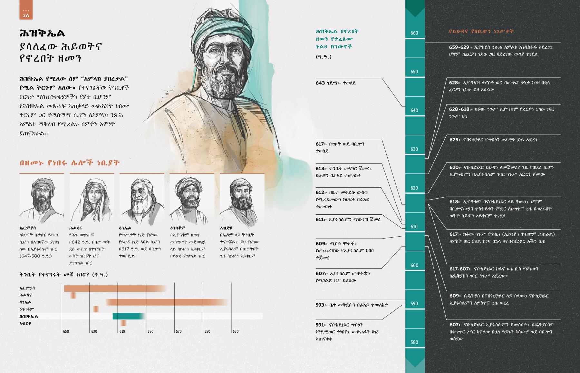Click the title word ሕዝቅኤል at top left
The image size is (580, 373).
click(42, 33)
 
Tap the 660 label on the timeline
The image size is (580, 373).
click(414, 33)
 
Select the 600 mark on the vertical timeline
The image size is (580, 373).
click(414, 265)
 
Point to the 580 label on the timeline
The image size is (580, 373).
click(414, 342)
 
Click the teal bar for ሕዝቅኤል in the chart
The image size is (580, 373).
click(128, 316)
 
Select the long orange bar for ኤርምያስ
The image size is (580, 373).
click(114, 288)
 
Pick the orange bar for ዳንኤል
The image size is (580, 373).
click(166, 302)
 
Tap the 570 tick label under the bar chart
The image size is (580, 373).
click(179, 331)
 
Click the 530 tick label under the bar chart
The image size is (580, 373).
click(236, 331)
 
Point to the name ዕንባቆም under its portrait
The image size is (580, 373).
click(178, 228)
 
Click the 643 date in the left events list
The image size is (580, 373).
click(320, 83)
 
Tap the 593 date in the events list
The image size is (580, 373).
click(320, 305)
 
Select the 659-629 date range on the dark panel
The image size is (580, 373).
click(459, 47)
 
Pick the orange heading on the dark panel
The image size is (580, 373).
click(481, 32)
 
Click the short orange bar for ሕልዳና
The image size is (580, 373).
click(73, 295)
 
